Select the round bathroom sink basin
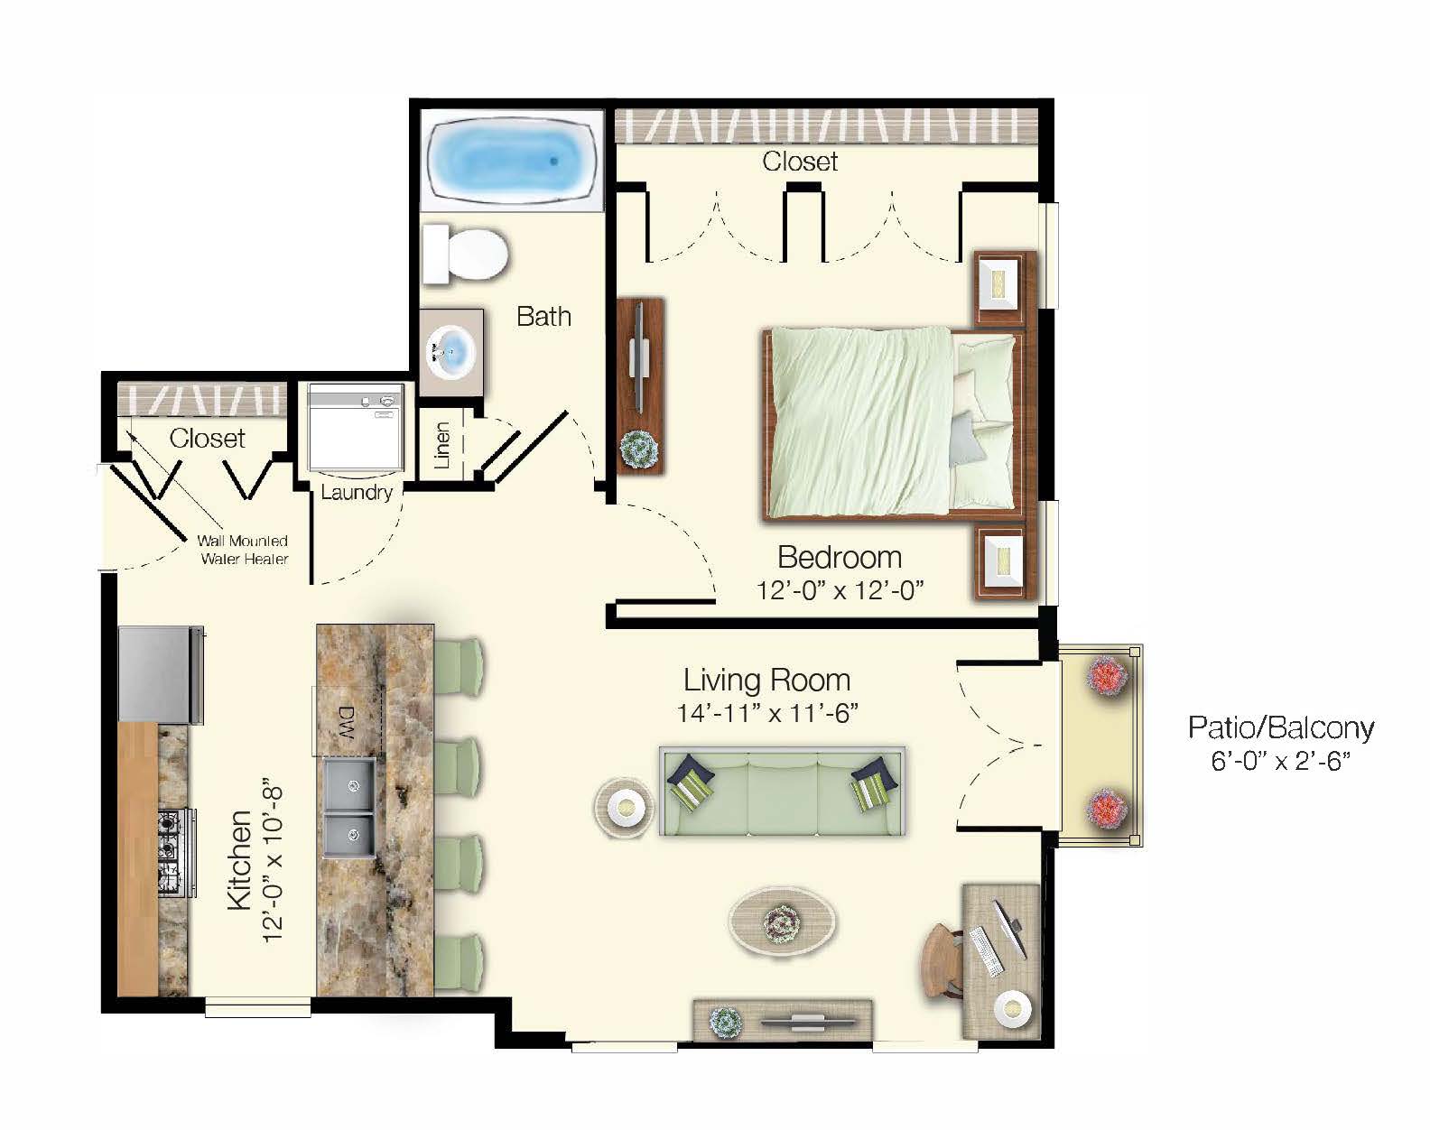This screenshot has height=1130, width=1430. [x=452, y=350]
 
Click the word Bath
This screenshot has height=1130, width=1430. [x=543, y=316]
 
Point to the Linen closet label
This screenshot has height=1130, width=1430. [x=441, y=444]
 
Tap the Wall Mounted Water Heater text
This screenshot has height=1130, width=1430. [x=244, y=550]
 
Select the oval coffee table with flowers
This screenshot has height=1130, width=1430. [x=782, y=921]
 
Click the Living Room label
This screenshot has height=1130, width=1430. [x=766, y=679]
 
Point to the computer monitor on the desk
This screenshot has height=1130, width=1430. [x=1011, y=930]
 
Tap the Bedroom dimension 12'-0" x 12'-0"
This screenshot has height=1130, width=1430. [x=840, y=590]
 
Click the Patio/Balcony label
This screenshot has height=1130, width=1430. [x=1280, y=727]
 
